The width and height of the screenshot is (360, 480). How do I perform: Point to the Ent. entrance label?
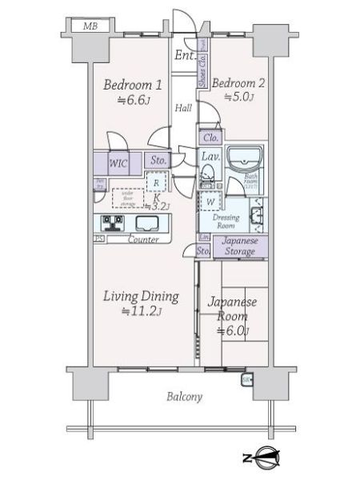pyautogui.click(x=184, y=55)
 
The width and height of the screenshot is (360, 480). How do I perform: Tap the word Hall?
pyautogui.click(x=184, y=108)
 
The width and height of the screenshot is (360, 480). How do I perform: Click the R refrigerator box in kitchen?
pyautogui.click(x=157, y=182)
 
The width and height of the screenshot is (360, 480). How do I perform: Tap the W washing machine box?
pyautogui.click(x=209, y=202)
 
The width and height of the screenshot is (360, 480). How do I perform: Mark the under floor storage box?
pyautogui.click(x=126, y=197)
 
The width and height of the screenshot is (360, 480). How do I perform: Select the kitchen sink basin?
pyautogui.click(x=148, y=222)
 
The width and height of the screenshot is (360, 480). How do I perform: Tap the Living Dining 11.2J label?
pyautogui.click(x=139, y=303)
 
